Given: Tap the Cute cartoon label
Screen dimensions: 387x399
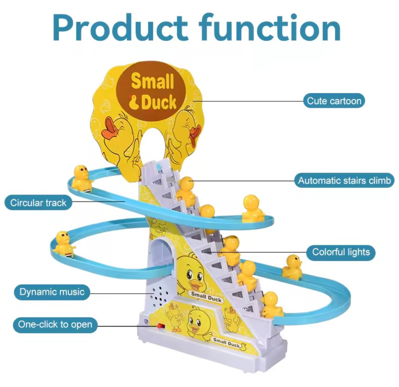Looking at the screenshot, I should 334,101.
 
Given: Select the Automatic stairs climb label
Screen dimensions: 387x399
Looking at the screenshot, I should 344,180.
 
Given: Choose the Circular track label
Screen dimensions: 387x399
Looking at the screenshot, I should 38,203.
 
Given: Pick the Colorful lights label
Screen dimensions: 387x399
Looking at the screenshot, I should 341,252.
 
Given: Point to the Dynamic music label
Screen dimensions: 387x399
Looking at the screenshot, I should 52,292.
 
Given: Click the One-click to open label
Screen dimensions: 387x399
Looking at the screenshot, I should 55,324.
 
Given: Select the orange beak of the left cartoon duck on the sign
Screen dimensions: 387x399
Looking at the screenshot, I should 112,129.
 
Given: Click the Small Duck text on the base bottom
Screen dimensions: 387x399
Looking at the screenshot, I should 227,343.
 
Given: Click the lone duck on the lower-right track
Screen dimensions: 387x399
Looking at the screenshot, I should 293,266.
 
